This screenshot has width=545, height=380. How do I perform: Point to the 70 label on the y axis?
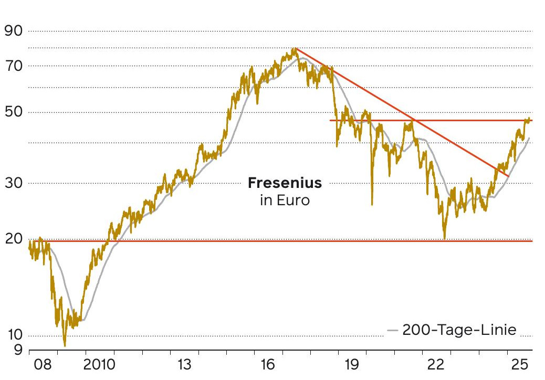point(15,66)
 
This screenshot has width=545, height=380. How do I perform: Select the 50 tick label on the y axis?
point(15,112)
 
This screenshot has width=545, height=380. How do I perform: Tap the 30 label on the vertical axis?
point(15,183)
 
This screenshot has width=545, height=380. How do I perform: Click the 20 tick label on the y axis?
point(15,239)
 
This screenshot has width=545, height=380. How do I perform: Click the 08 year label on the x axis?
point(43,364)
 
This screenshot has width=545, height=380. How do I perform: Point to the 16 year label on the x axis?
point(267,364)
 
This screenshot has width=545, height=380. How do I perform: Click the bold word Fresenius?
point(285,184)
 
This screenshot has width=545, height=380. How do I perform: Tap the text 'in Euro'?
point(285,200)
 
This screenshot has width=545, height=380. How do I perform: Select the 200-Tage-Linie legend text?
point(459,330)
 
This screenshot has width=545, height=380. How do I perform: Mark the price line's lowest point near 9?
point(65,345)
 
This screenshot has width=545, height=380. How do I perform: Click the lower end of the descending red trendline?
point(508,176)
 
